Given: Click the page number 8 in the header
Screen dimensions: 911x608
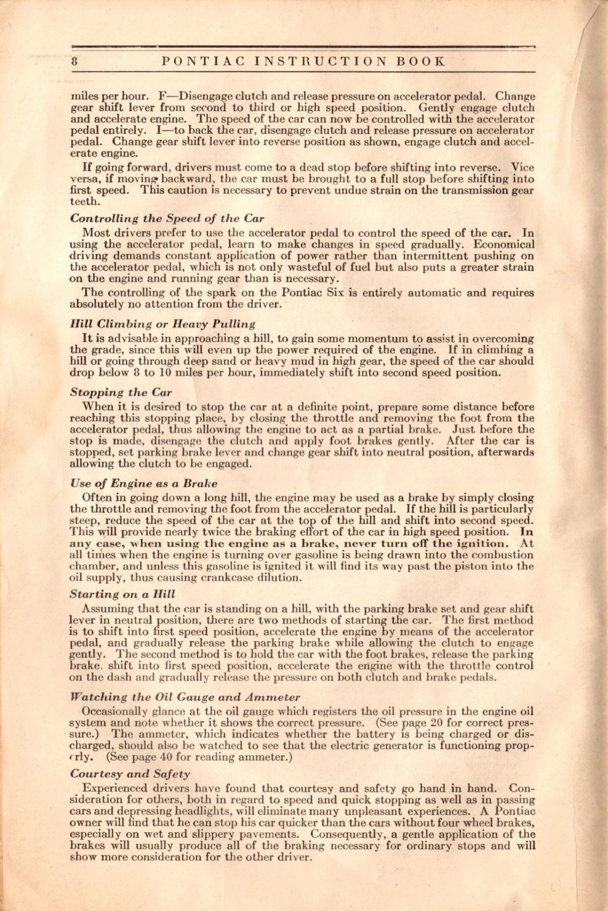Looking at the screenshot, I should (74, 61).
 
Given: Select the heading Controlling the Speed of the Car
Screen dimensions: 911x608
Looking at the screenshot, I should (167, 218).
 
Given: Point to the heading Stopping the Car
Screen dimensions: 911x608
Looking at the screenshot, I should (121, 392).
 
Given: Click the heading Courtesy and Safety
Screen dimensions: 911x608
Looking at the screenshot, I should (130, 773).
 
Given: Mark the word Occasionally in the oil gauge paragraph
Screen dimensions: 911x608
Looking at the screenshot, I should (115, 711).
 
